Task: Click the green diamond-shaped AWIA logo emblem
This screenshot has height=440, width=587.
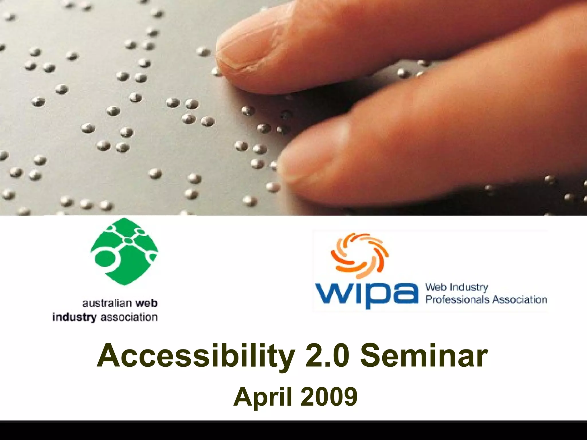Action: [124, 252]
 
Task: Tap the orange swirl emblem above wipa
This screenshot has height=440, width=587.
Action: [360, 255]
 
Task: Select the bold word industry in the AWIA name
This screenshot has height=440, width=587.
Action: [74, 317]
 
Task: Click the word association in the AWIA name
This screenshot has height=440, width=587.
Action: [129, 317]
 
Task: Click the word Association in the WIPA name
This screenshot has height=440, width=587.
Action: [520, 300]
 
